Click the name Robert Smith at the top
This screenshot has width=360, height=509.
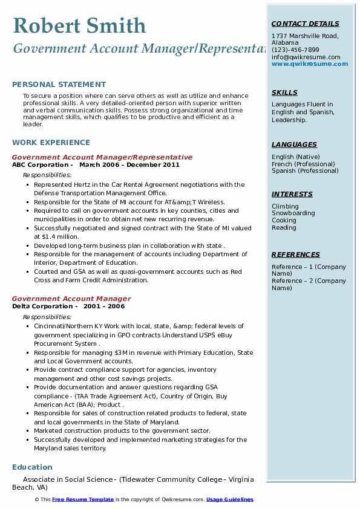[x=79, y=25]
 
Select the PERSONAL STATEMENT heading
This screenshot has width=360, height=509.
[x=59, y=85]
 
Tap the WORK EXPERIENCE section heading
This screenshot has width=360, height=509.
[x=51, y=143]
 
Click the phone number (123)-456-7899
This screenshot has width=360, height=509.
[x=295, y=50]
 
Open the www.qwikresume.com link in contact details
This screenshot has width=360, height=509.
[x=306, y=63]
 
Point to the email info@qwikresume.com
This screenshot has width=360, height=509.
[x=306, y=57]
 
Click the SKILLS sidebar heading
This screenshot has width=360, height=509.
[x=284, y=92]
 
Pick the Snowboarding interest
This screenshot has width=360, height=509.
[x=293, y=213]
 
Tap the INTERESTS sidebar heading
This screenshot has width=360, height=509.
[x=292, y=194]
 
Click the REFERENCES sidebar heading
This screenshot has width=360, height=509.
[x=296, y=254]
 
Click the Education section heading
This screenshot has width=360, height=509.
[x=32, y=467]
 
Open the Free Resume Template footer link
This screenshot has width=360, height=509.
[x=82, y=499]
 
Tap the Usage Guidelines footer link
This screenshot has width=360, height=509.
[x=229, y=499]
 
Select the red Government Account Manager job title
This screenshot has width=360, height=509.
[x=71, y=299]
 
